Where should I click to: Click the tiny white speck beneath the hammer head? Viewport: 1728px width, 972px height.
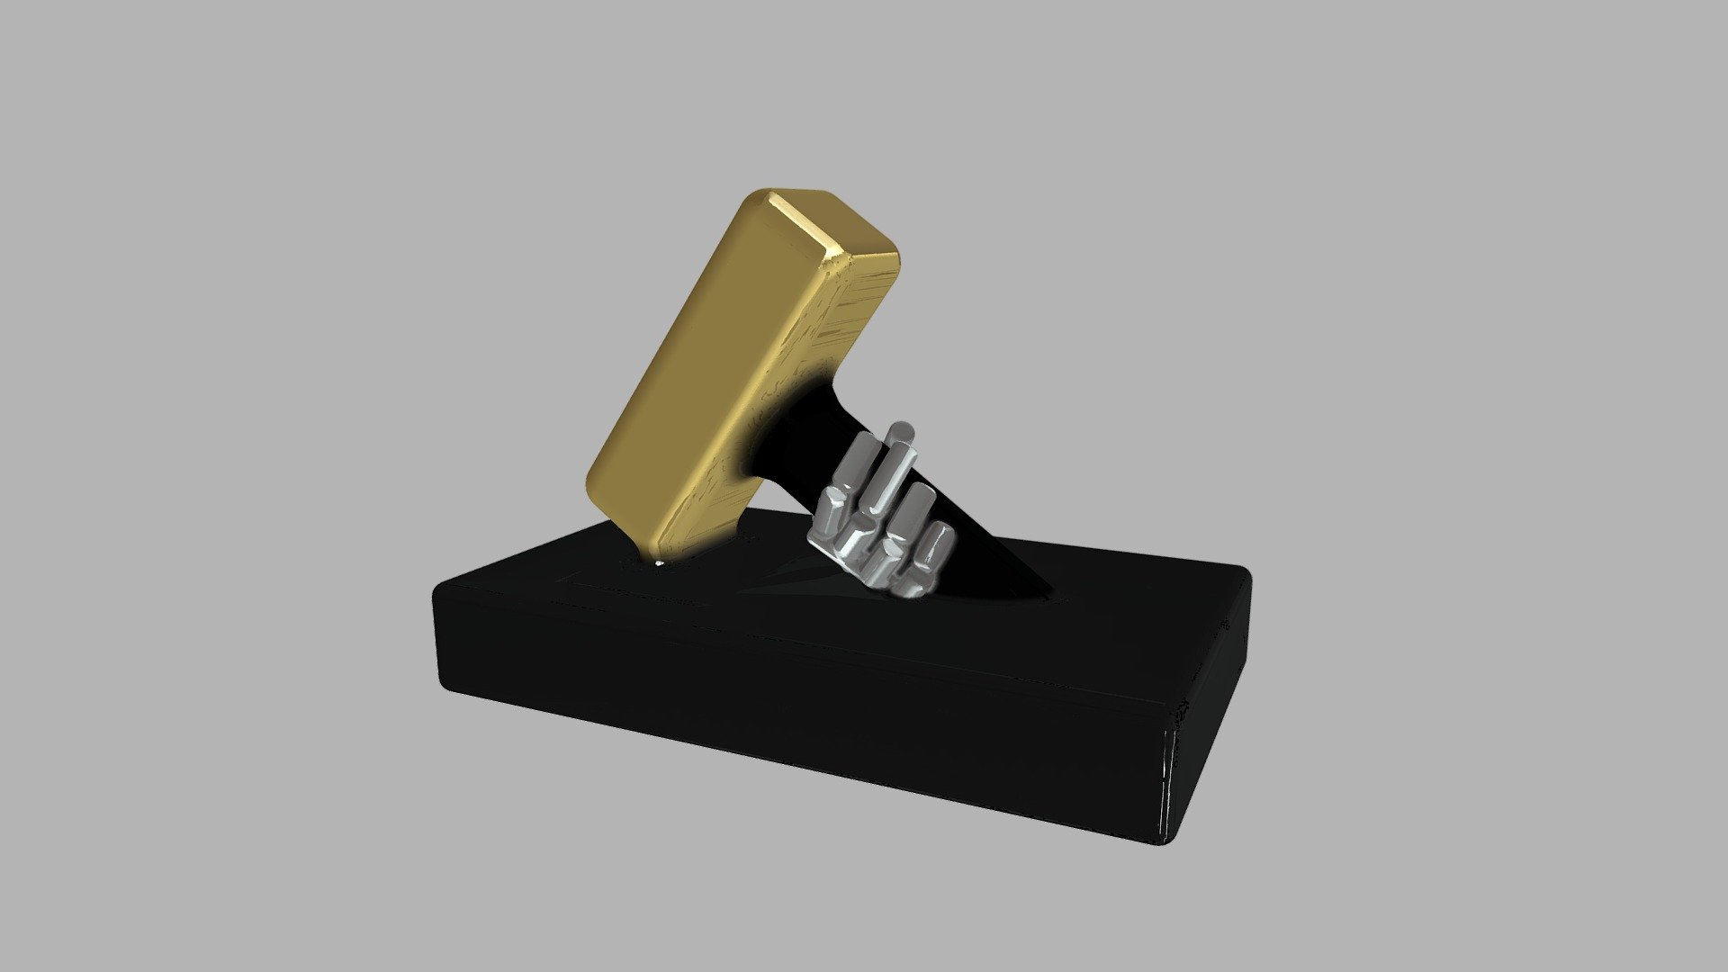tap(660, 564)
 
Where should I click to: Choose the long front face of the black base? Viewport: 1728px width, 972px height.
tap(792, 702)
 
